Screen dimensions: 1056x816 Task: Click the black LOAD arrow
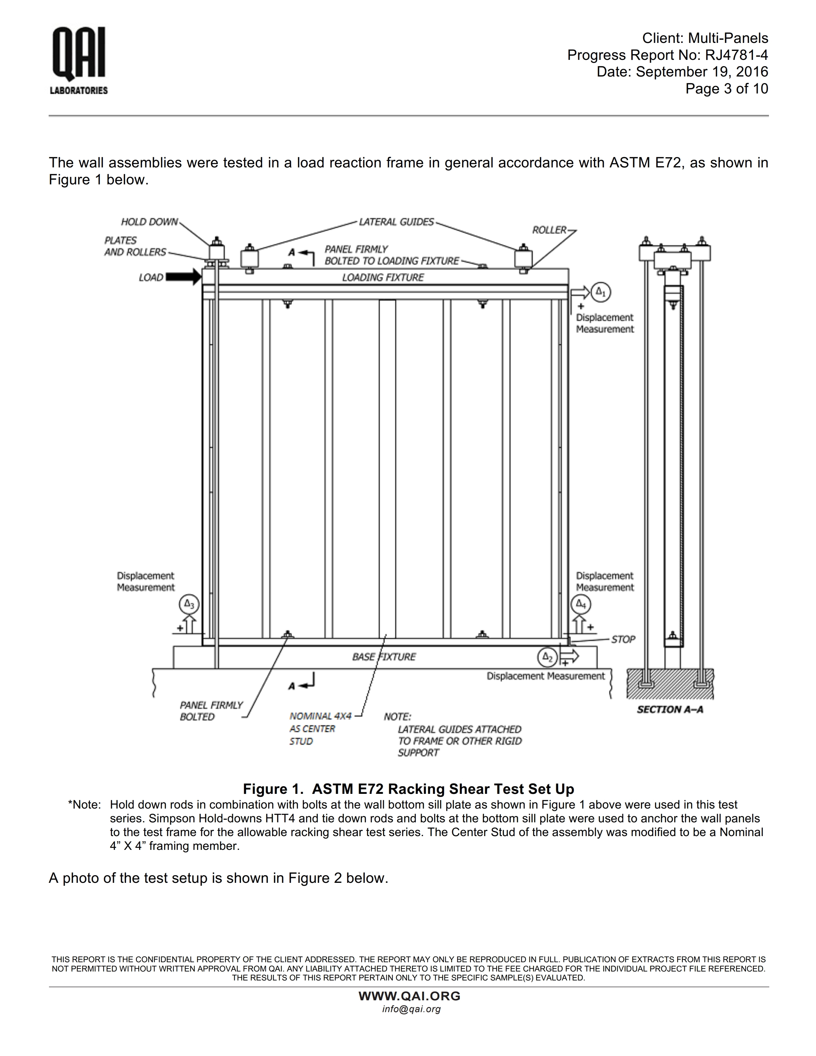(x=183, y=277)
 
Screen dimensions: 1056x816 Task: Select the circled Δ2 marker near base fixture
(x=547, y=657)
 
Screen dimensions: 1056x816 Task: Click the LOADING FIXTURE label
(x=382, y=277)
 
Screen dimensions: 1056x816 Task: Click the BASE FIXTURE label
(x=384, y=657)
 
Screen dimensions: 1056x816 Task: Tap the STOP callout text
(x=623, y=639)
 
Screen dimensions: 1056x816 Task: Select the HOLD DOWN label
(x=149, y=222)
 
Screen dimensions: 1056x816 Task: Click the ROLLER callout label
(x=549, y=230)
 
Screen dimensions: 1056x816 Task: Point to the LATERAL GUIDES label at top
(x=396, y=222)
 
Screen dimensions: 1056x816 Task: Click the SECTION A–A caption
(x=669, y=709)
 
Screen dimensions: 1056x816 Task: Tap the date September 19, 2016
(x=701, y=72)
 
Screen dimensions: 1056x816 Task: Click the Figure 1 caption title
(x=408, y=789)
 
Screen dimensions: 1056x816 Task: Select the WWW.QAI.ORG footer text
(x=409, y=996)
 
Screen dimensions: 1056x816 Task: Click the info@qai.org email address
(x=412, y=1009)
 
